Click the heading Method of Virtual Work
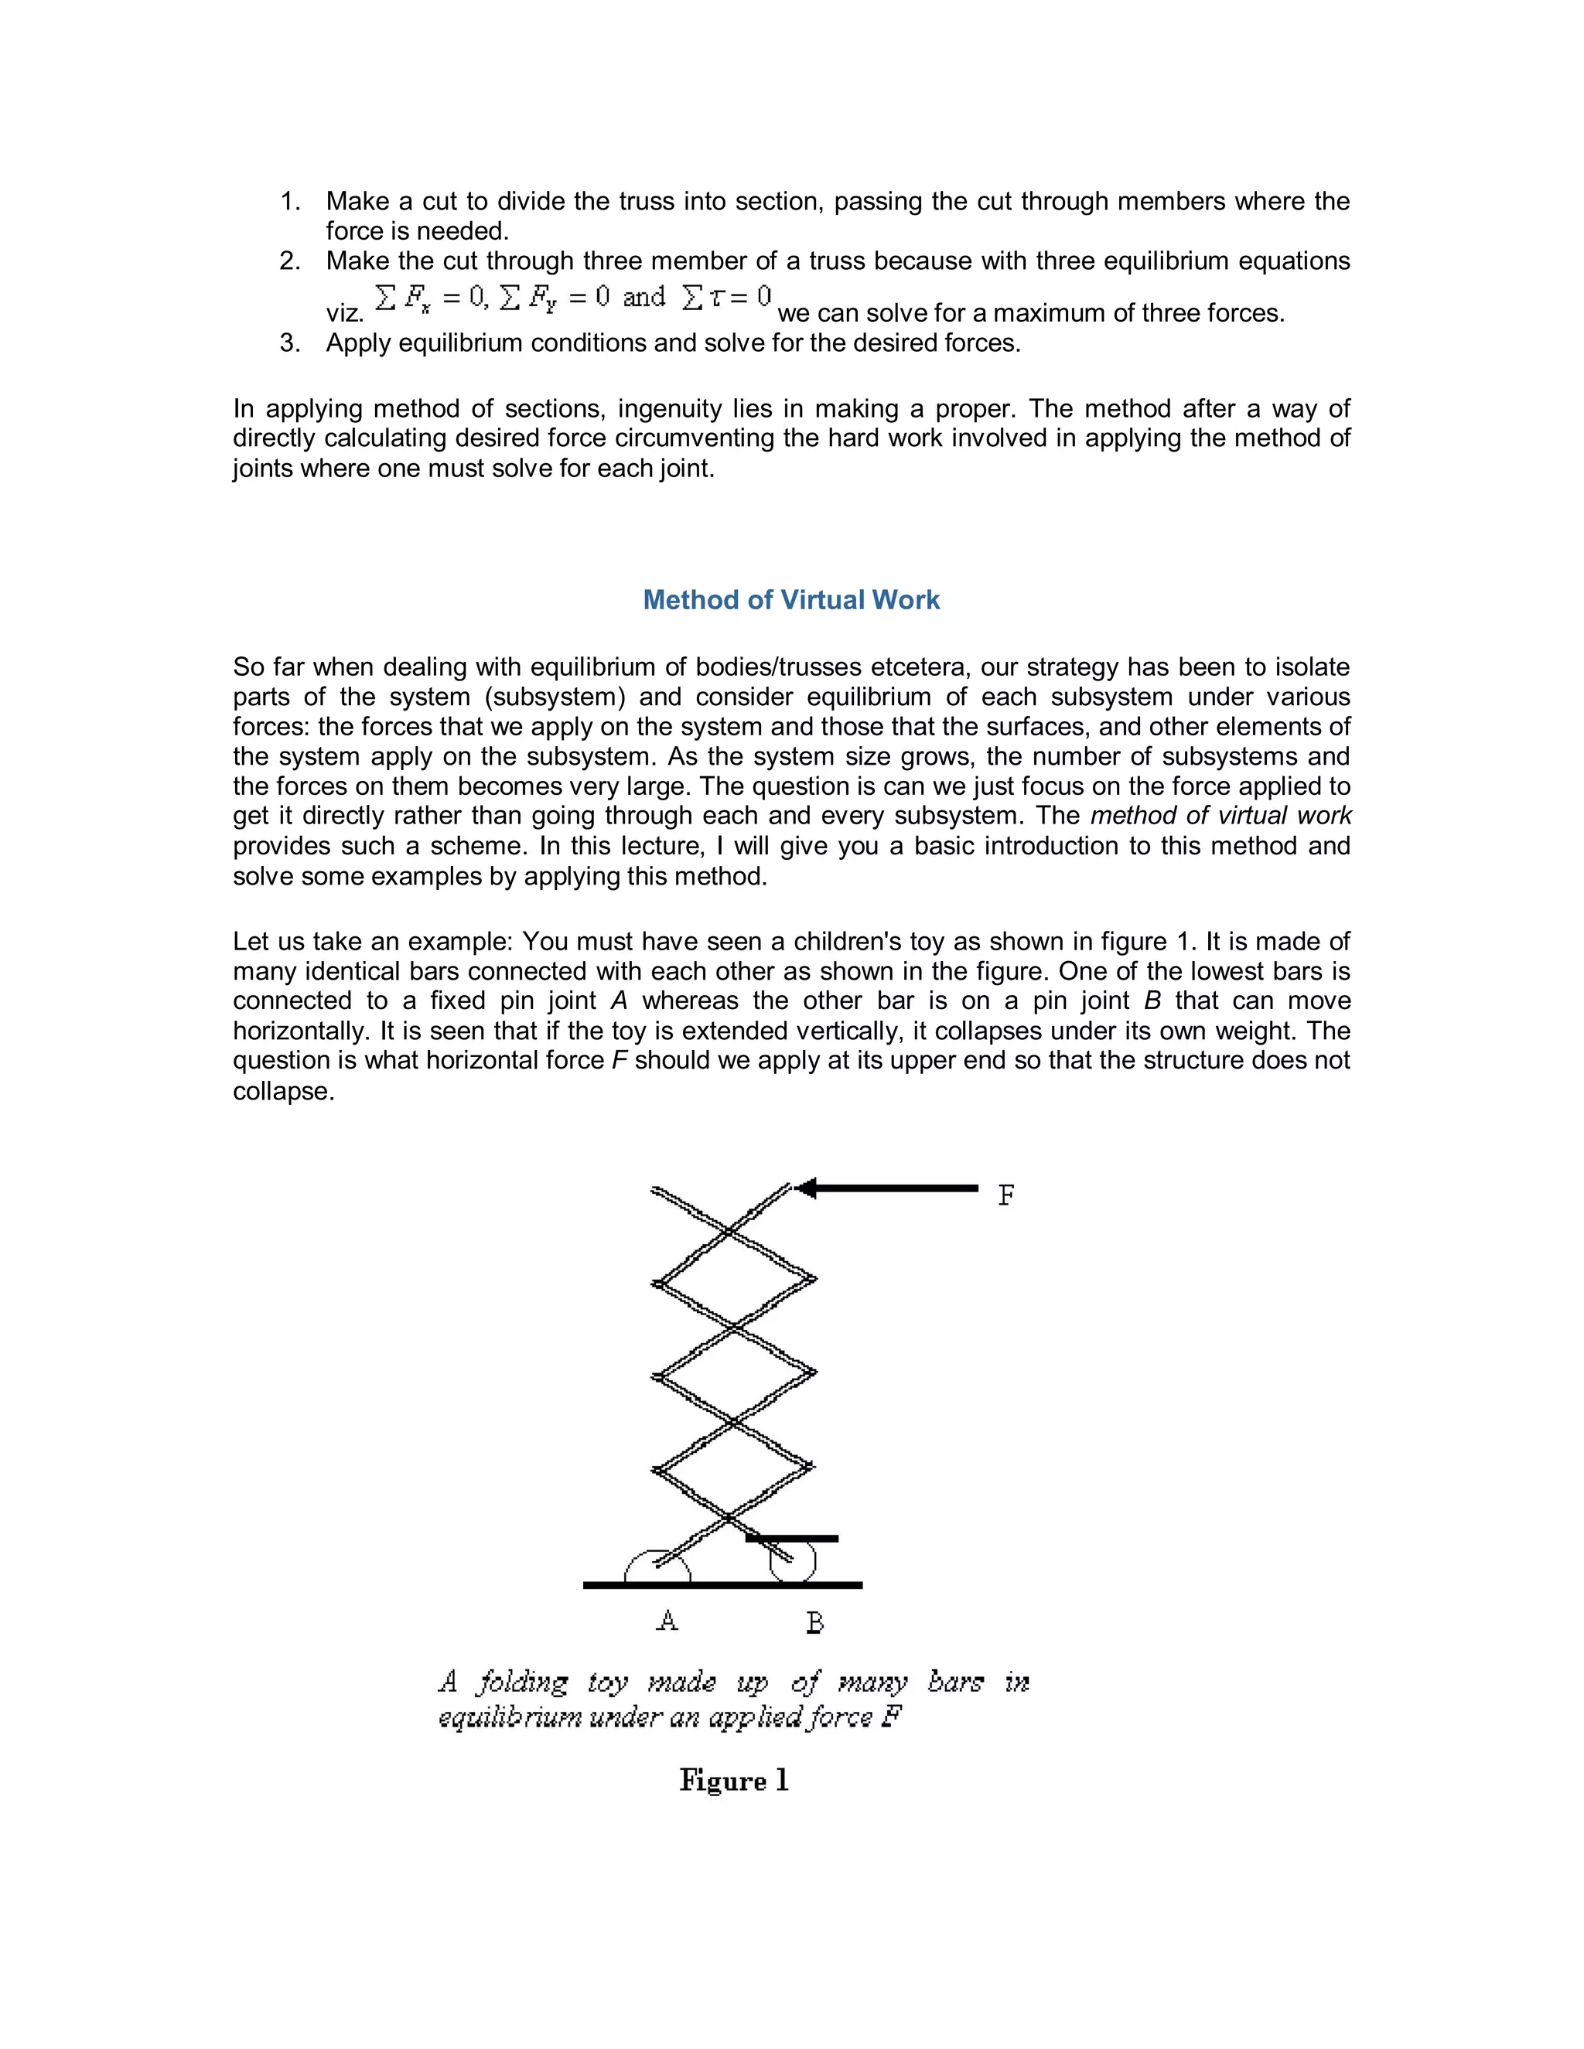click(x=791, y=601)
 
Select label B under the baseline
click(x=814, y=1622)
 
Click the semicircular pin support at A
click(x=657, y=1568)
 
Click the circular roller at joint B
click(x=793, y=1562)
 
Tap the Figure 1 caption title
click(x=734, y=1781)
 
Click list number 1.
click(x=290, y=202)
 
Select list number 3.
click(x=290, y=343)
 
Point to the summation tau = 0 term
click(x=726, y=298)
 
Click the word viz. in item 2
click(x=344, y=314)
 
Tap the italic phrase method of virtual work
click(x=1220, y=817)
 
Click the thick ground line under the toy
click(x=722, y=1586)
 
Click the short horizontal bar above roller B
click(x=791, y=1539)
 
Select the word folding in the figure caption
click(x=522, y=1682)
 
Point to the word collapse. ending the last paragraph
click(x=283, y=1092)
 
